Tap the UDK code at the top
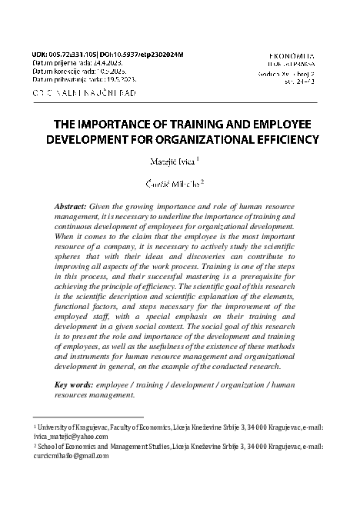point(60,56)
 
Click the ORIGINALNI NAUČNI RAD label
point(85,92)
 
